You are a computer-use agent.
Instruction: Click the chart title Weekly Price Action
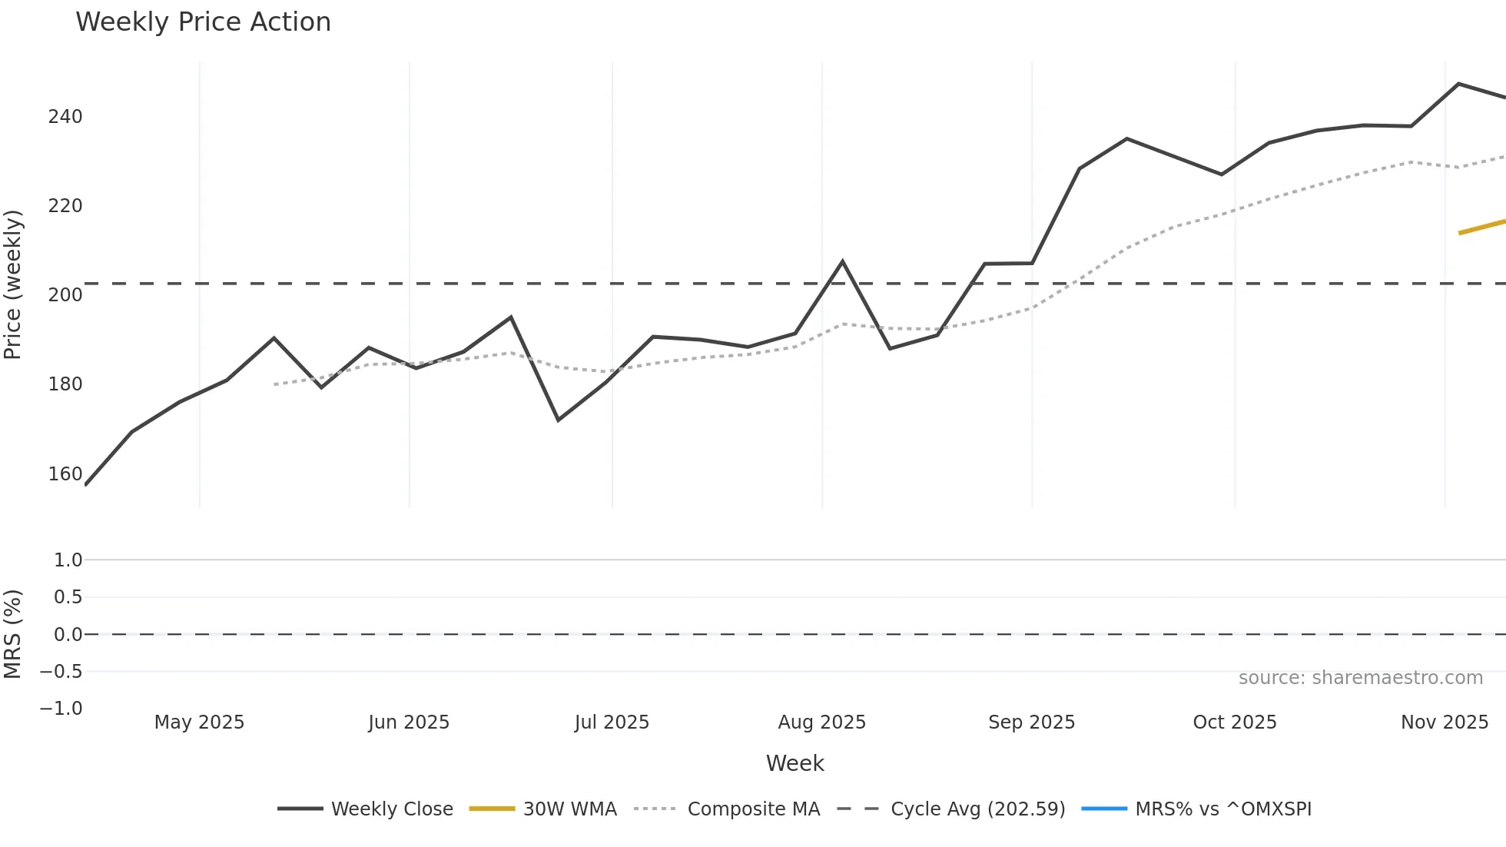(203, 22)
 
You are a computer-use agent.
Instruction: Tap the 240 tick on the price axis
(65, 117)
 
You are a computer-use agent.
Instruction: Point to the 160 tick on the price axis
(65, 474)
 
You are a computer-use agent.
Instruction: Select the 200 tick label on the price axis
(65, 295)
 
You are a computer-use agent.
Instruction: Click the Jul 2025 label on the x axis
(612, 722)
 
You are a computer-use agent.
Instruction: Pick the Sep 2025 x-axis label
(1031, 722)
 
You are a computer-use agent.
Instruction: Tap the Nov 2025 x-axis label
(1444, 722)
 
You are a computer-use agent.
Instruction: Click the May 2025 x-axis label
(199, 722)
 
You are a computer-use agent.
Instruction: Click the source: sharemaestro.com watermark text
(1360, 678)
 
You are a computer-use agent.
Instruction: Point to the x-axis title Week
(794, 763)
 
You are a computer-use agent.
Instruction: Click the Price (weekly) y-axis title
(13, 284)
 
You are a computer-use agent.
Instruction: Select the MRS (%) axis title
(13, 634)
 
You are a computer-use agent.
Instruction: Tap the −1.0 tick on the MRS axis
(61, 709)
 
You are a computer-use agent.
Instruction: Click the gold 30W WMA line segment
(1482, 227)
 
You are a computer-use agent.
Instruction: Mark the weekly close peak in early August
(842, 262)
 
